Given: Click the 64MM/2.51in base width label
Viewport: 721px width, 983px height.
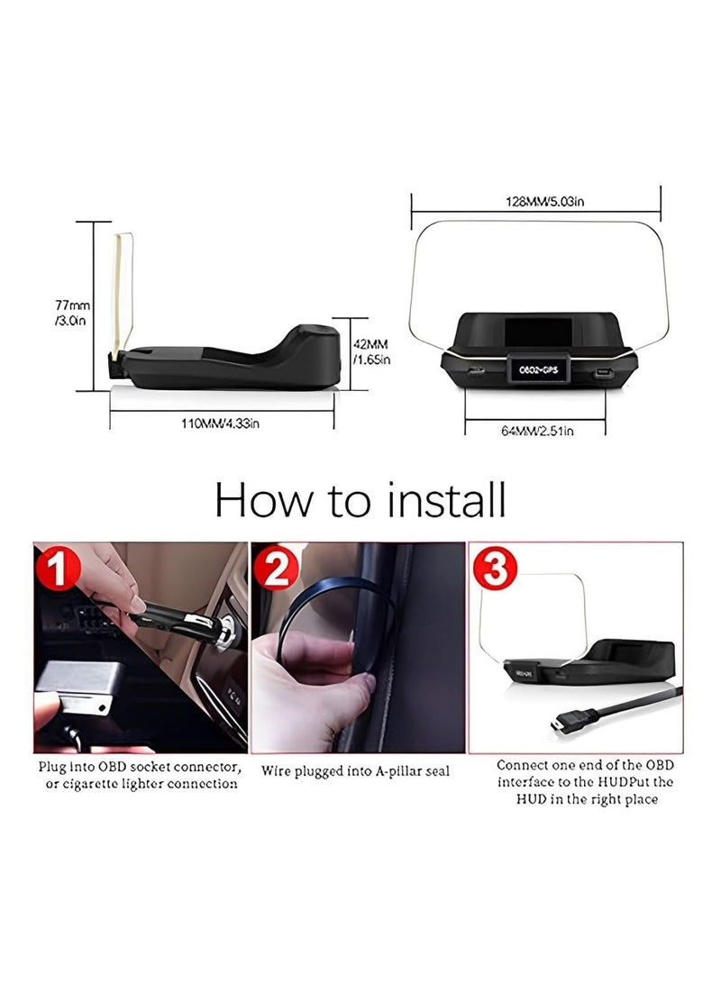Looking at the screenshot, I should coord(538,431).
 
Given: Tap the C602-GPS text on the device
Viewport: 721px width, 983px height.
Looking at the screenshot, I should coord(538,370).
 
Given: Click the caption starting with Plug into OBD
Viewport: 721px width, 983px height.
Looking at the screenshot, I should coord(139,775).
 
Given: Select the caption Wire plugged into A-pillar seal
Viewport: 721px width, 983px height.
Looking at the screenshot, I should coord(356,771).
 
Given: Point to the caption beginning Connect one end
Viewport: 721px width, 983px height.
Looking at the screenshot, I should coord(585,781).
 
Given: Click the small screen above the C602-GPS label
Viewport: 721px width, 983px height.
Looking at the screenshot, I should coord(538,335).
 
